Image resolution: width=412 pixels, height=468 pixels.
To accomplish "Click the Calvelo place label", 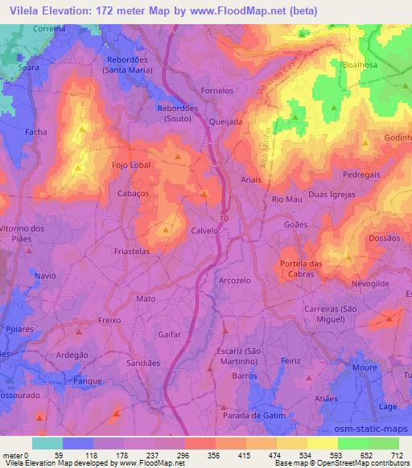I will coord(204,230).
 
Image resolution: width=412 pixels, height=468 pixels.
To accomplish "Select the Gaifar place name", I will coord(171,333).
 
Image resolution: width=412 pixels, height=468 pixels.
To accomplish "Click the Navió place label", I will coord(45,275).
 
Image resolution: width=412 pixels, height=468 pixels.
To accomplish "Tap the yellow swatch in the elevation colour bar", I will coord(323,443).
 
